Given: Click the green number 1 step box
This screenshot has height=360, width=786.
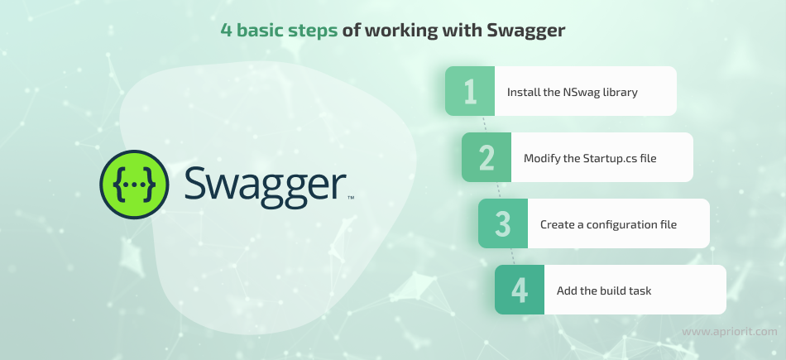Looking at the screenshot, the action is coord(470,91).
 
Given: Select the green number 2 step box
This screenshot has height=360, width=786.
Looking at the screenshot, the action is coord(486,157).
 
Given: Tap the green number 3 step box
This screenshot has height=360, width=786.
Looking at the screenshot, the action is coord(503,223).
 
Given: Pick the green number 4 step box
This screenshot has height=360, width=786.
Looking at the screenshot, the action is coord(520,290).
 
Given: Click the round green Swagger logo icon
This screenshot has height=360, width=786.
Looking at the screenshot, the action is coord(134,185).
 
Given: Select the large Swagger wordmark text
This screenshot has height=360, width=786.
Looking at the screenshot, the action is coord(266,186).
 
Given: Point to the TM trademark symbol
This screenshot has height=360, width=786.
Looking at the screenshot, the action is coord(351,198).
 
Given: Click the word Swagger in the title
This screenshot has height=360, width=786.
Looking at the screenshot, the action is coord(526,31).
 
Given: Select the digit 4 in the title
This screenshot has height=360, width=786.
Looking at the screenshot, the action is coord(227,30).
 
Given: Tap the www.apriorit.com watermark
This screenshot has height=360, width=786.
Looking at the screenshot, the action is coord(730,331).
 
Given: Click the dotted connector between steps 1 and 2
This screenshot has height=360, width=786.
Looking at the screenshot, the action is coord(485,124).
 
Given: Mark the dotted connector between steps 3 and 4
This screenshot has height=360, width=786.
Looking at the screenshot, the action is coord(513,257).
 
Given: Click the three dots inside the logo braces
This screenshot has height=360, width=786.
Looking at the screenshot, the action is coord(134,185).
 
